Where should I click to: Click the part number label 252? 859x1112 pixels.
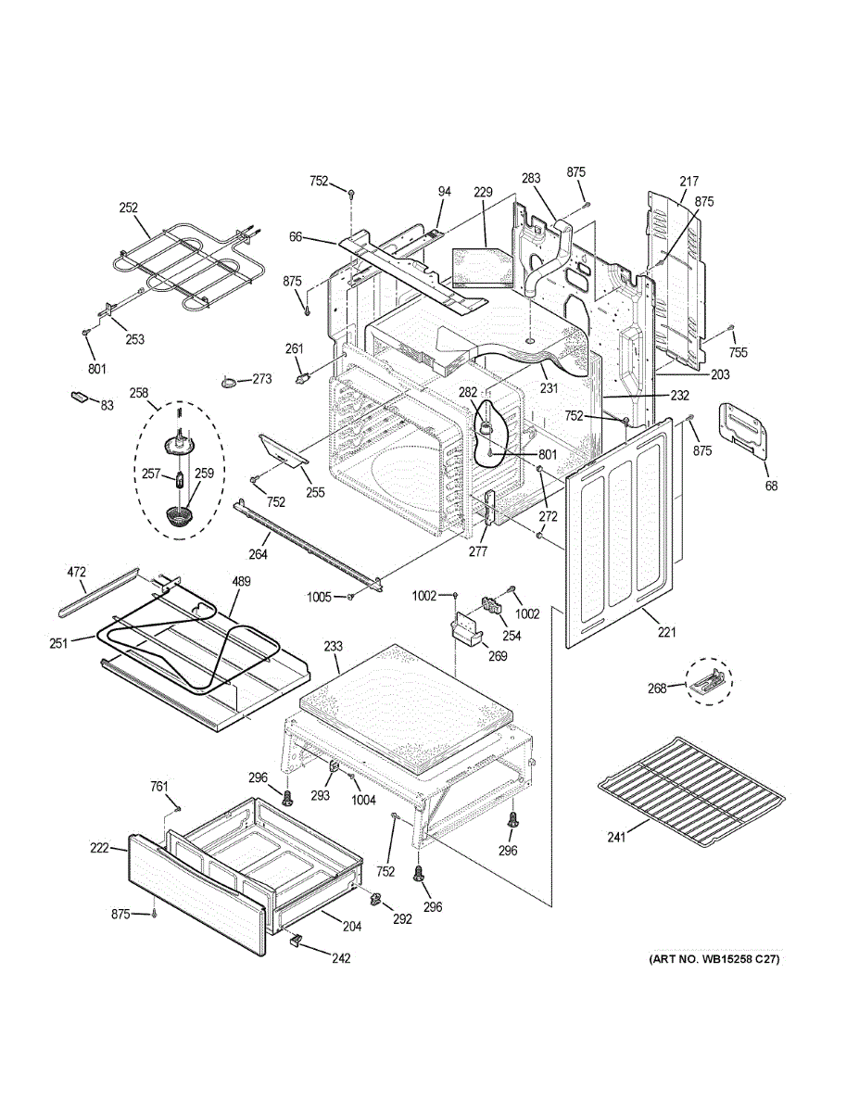(x=128, y=208)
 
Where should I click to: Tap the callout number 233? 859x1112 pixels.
(x=334, y=646)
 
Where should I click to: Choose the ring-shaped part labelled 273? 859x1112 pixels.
(x=229, y=381)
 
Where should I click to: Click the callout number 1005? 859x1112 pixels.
(x=318, y=597)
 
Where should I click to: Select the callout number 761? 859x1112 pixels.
(x=159, y=787)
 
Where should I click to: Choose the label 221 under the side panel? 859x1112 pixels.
(x=666, y=633)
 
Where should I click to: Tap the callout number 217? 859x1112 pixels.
(x=688, y=182)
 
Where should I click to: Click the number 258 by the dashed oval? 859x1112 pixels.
(x=139, y=393)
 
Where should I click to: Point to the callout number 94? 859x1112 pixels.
(x=445, y=192)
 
